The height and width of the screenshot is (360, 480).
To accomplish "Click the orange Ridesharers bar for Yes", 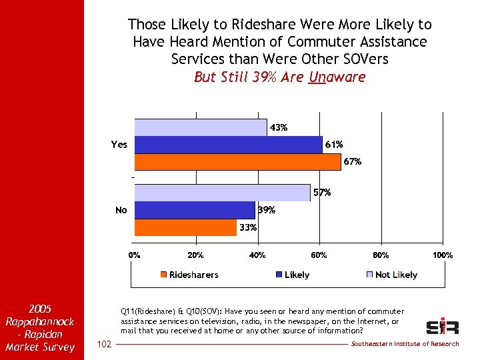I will (x=237, y=162).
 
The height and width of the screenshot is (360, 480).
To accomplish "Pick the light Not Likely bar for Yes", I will (x=201, y=127).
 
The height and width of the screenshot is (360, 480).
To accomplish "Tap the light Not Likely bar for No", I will (x=222, y=193).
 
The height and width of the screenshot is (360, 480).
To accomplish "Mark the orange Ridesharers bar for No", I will (x=185, y=227).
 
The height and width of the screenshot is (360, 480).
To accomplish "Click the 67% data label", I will (x=352, y=161).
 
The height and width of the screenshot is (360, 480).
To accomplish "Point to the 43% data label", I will (x=279, y=127).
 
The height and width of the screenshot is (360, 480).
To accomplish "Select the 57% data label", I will (x=322, y=193).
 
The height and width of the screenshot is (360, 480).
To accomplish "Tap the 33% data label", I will (x=248, y=227).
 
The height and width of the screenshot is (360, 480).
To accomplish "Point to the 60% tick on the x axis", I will (x=319, y=255).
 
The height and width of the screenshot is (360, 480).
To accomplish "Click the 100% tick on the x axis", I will (x=443, y=255).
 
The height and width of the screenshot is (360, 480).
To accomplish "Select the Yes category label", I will (x=119, y=145).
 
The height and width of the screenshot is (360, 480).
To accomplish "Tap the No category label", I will (x=121, y=210).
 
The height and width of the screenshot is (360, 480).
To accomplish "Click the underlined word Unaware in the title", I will (x=337, y=77).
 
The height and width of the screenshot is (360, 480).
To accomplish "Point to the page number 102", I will (x=104, y=344).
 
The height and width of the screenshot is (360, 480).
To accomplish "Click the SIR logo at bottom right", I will (x=443, y=327).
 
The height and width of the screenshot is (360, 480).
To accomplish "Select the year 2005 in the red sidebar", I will (x=40, y=309).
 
